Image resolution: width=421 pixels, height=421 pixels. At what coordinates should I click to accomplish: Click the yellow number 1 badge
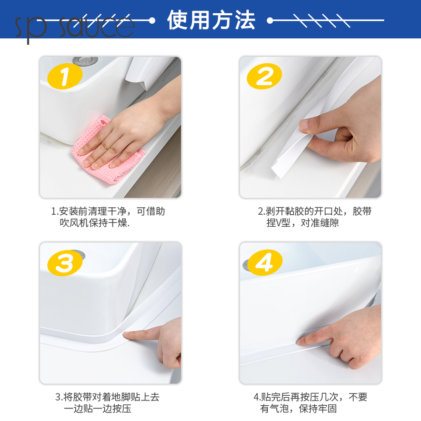[65, 76]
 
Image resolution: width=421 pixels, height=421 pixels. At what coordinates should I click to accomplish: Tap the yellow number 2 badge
[265, 76]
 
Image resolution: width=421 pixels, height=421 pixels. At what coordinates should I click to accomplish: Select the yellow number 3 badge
[65, 263]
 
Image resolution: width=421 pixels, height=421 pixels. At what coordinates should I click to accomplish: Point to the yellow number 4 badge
[265, 262]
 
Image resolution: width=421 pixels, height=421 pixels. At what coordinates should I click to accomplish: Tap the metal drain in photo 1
[85, 61]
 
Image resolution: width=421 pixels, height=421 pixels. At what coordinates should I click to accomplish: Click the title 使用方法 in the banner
[211, 20]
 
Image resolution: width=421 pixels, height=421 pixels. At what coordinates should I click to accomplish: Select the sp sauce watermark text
[74, 27]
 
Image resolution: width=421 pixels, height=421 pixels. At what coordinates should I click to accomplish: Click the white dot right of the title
[270, 20]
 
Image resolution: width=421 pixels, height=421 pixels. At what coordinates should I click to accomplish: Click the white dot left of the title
[152, 21]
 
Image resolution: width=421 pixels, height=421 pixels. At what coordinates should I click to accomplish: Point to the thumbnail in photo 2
[304, 125]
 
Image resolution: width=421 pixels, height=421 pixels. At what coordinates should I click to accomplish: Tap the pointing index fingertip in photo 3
[125, 334]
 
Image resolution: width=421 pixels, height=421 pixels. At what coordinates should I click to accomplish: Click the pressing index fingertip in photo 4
[299, 342]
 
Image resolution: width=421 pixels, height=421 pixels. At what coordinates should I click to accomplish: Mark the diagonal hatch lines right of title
[322, 21]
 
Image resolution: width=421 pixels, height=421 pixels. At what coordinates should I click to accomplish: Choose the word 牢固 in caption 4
[327, 409]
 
